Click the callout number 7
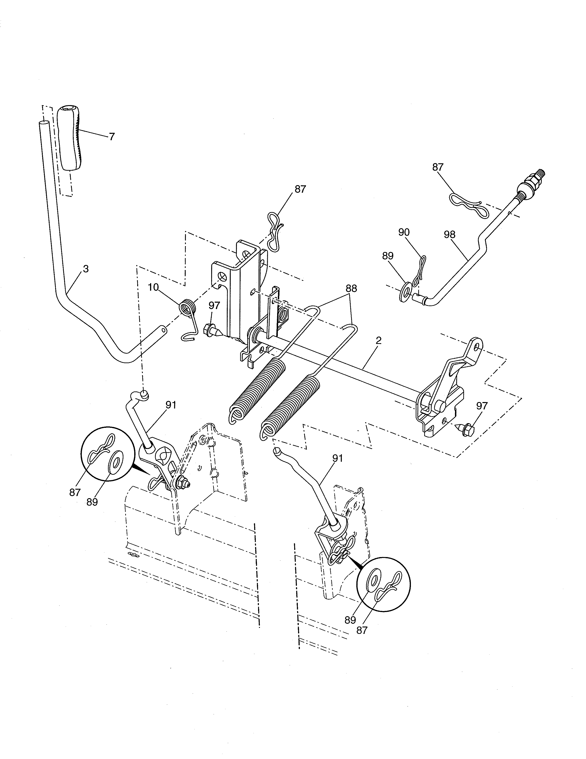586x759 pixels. [x=111, y=137]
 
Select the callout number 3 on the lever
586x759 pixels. [x=86, y=269]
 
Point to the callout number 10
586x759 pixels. [x=153, y=287]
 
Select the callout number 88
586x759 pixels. [x=351, y=288]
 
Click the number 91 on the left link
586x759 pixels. [x=171, y=405]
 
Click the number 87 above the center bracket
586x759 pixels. [x=300, y=189]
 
